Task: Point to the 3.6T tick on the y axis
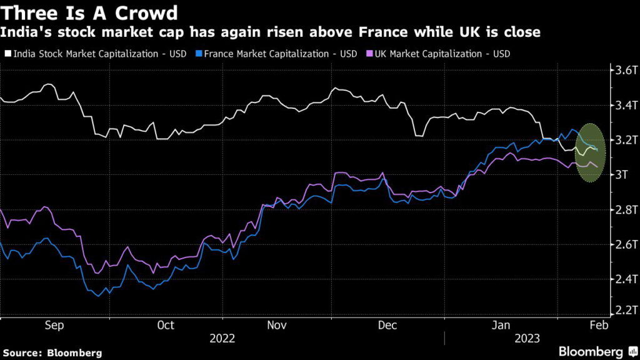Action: pos(625,70)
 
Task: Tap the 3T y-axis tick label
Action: pos(622,174)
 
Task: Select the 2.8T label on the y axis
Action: pos(625,209)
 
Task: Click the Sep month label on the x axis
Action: pos(54,325)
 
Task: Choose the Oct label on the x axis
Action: pos(166,325)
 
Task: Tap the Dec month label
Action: pos(388,325)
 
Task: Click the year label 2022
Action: pos(222,338)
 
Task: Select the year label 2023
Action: pos(527,338)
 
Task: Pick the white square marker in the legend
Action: pos(7,54)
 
